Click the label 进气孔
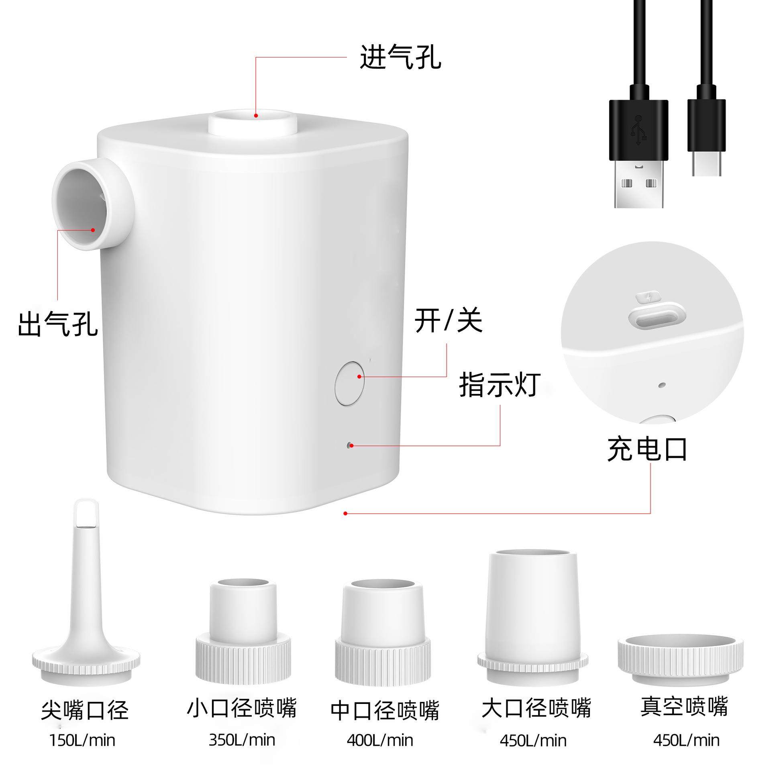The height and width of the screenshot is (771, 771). (400, 57)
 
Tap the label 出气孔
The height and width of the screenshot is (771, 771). (58, 324)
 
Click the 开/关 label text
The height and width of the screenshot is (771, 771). (448, 321)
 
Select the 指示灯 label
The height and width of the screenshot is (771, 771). (500, 385)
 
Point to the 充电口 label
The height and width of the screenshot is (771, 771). (647, 449)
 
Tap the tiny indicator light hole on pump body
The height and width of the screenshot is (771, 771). (350, 445)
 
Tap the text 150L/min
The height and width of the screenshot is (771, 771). (82, 740)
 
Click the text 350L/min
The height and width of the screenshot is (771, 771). (242, 740)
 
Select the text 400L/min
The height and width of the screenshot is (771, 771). (380, 740)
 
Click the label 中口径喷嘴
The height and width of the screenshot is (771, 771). (385, 710)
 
